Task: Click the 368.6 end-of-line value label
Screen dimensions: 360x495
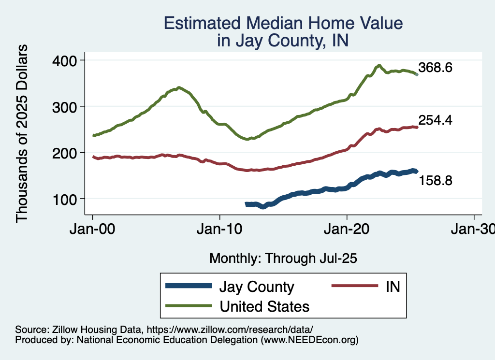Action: tap(435, 68)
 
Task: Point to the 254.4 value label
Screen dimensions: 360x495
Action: tap(435, 120)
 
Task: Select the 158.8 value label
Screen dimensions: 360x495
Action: tap(435, 181)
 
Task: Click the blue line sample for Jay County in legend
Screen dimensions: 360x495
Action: tap(189, 286)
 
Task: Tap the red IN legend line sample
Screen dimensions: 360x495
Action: tap(354, 286)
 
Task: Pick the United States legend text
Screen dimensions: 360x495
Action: tap(264, 306)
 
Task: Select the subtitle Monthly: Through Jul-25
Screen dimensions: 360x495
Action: tap(283, 259)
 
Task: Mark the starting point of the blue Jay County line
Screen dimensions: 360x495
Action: tap(247, 204)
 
